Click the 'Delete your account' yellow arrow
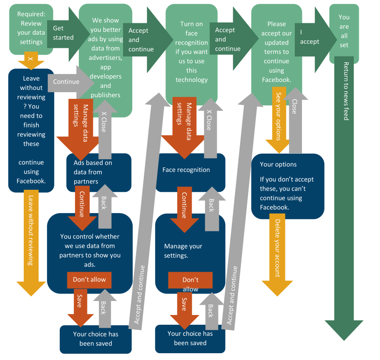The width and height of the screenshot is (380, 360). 277,250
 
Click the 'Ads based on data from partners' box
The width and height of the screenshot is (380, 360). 99,172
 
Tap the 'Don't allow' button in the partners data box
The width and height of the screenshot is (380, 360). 89,280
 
